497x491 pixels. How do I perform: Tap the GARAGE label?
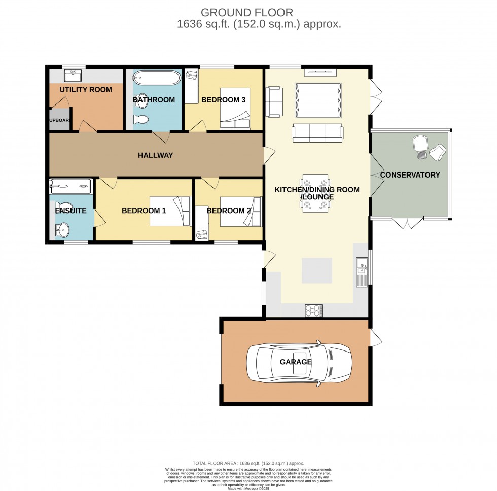[x=296, y=362]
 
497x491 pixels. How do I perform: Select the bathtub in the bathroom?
[x=156, y=78]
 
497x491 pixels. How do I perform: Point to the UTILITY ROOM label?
[x=86, y=90]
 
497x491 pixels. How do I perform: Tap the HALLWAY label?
[x=155, y=155]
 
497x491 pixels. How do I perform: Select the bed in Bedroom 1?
[x=170, y=211]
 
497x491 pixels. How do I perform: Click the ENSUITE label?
[x=71, y=211]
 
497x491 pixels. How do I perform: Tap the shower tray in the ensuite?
[x=70, y=186]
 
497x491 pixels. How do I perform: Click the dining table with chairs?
[x=315, y=193]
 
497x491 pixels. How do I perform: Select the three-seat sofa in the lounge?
[x=318, y=133]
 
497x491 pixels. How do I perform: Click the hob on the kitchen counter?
[x=313, y=310]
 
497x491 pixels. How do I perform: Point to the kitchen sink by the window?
[x=362, y=272]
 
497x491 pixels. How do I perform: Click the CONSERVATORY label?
[x=410, y=175]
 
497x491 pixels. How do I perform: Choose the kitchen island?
[x=317, y=270]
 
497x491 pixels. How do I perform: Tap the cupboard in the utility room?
[x=59, y=120]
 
